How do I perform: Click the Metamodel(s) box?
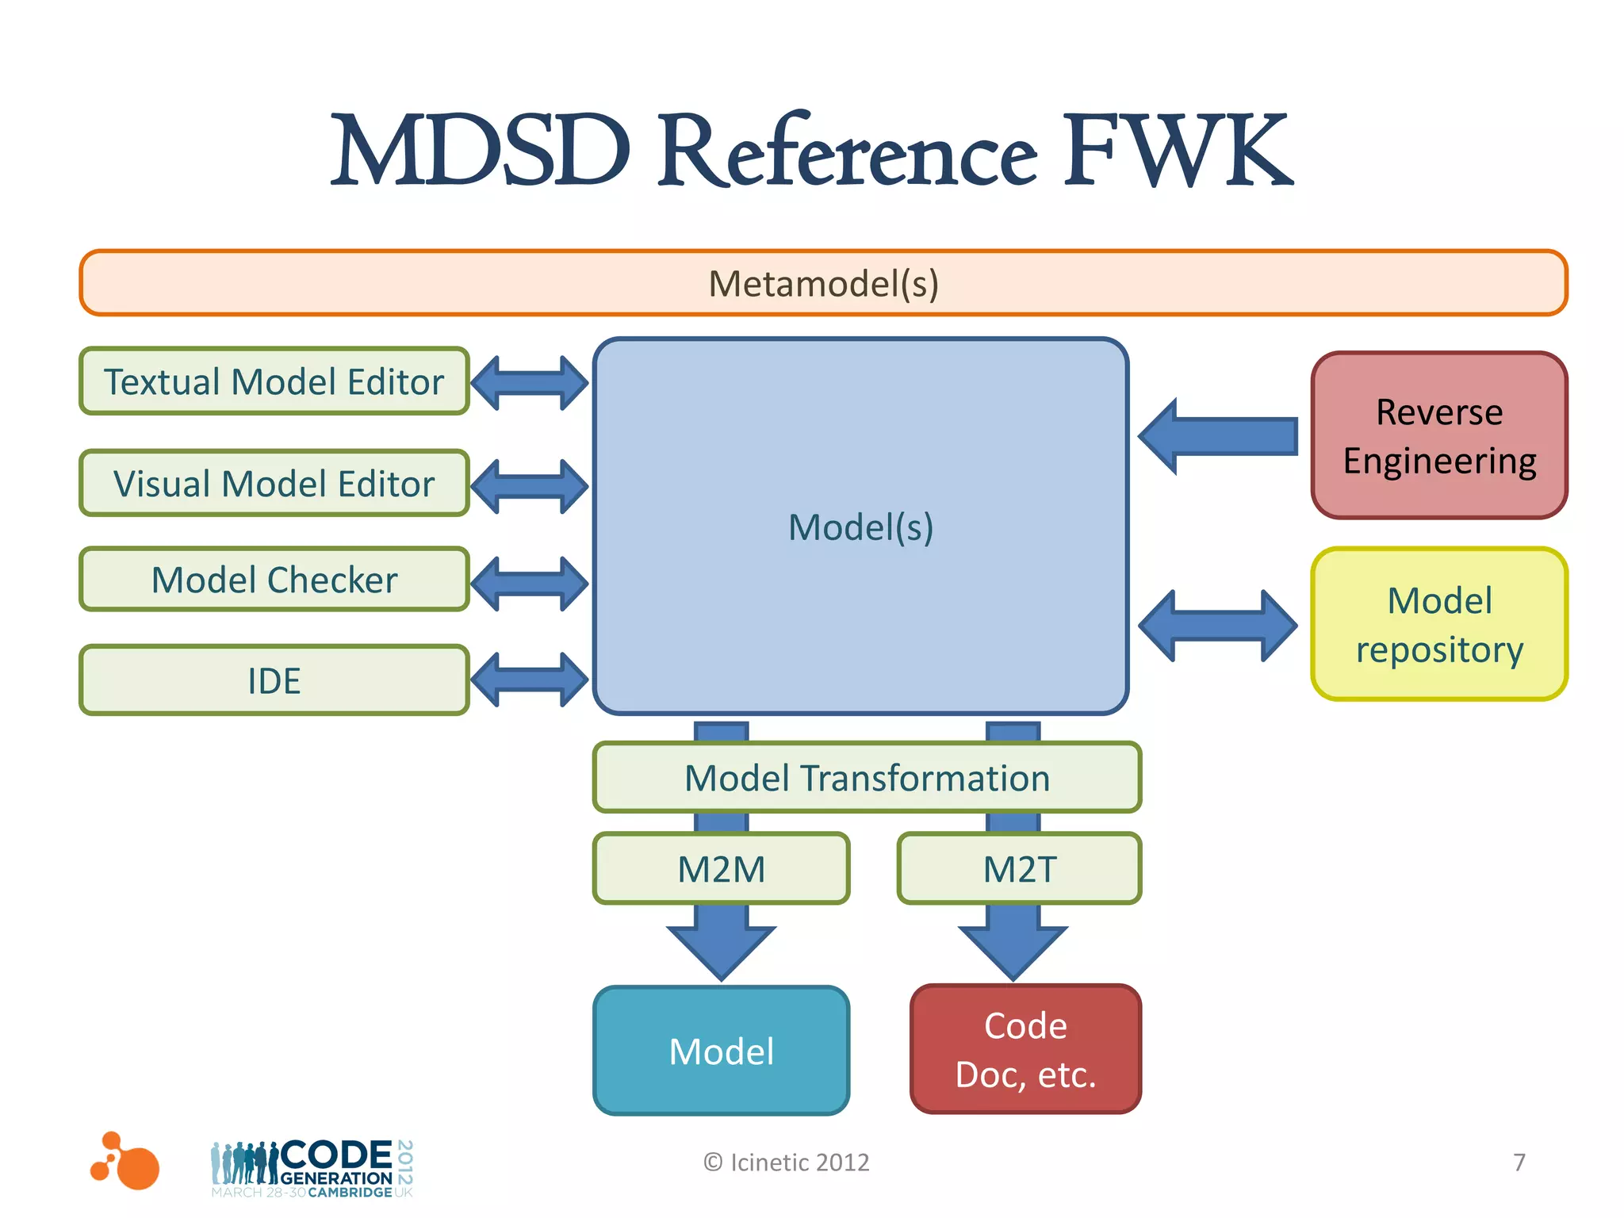point(823,283)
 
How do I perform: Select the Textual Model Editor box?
point(274,381)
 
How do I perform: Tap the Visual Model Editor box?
point(274,484)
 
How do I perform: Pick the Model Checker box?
point(274,580)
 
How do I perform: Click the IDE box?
point(274,680)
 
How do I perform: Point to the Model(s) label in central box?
point(860,527)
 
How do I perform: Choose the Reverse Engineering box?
point(1438,436)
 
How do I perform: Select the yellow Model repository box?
point(1438,625)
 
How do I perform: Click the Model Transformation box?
point(867,778)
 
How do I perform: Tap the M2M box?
point(721,869)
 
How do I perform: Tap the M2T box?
point(1019,869)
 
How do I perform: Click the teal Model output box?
point(721,1051)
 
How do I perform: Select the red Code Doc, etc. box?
point(1025,1050)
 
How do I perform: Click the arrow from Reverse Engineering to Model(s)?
point(1217,436)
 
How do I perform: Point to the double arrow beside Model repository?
point(1217,626)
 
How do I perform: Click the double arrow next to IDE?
point(529,680)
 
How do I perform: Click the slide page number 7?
point(1519,1162)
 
